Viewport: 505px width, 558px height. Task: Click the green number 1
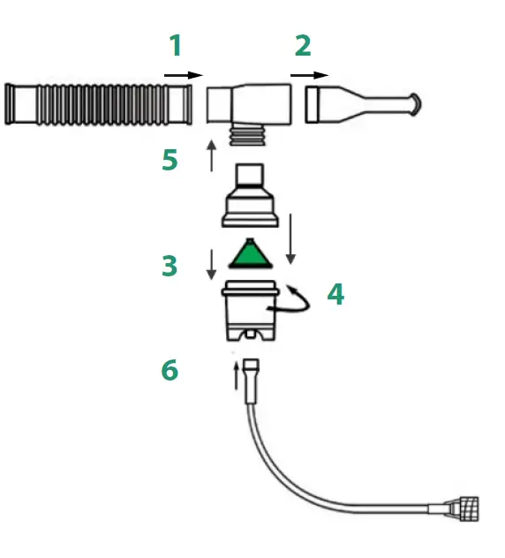click(175, 46)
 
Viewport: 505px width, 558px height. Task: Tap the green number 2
click(302, 46)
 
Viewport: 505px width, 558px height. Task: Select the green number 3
click(170, 266)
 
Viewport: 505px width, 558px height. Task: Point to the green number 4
click(335, 293)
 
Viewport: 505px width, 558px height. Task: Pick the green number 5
click(170, 161)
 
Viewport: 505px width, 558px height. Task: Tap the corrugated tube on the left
click(98, 103)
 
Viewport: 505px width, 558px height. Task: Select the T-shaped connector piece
click(249, 103)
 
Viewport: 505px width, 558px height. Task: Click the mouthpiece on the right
click(362, 103)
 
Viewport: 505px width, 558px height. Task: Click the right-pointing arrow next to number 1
click(183, 76)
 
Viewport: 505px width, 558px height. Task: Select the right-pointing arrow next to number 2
click(309, 76)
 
